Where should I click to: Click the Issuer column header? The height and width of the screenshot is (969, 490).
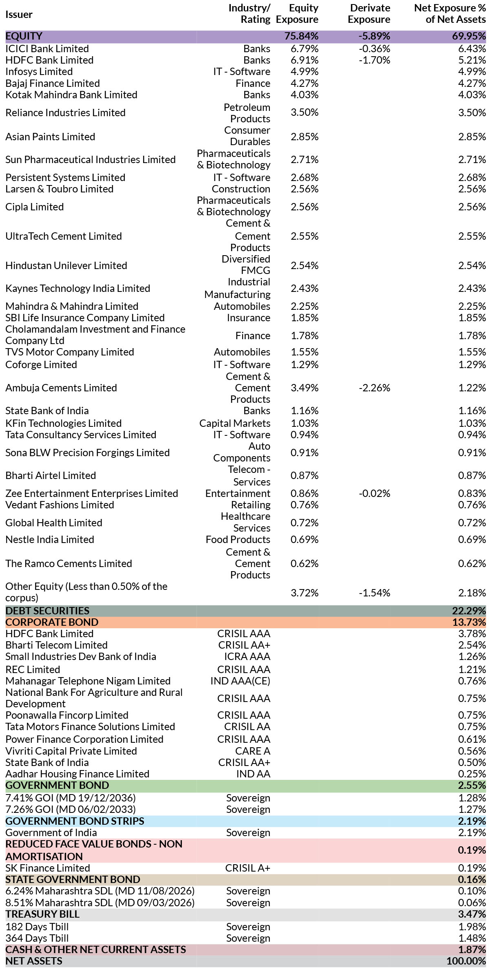pyautogui.click(x=19, y=14)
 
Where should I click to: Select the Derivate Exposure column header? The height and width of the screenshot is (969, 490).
pyautogui.click(x=369, y=13)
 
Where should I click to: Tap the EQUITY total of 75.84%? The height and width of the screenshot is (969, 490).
pyautogui.click(x=301, y=36)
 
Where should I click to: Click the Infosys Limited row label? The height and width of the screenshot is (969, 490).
pyautogui.click(x=39, y=71)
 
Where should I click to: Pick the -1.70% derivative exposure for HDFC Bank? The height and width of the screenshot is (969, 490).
pyautogui.click(x=374, y=60)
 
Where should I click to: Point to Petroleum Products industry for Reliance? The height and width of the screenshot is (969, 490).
pyautogui.click(x=247, y=113)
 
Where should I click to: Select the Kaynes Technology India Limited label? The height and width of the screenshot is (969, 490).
pyautogui.click(x=78, y=288)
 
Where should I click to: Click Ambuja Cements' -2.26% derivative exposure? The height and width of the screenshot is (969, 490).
pyautogui.click(x=374, y=388)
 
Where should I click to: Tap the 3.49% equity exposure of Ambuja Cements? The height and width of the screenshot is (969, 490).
pyautogui.click(x=305, y=388)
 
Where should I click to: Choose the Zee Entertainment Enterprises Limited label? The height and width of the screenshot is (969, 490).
pyautogui.click(x=92, y=493)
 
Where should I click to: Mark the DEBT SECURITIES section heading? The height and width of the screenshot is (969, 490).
pyautogui.click(x=47, y=611)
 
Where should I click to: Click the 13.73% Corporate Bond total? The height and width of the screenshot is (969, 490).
pyautogui.click(x=469, y=622)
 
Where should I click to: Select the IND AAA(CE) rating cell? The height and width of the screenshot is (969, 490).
pyautogui.click(x=240, y=681)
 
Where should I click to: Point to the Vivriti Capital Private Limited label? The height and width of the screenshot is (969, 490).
pyautogui.click(x=71, y=751)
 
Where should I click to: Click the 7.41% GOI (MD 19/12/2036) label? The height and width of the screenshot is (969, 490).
pyautogui.click(x=71, y=798)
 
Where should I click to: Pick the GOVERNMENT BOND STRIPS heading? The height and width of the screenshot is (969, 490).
pyautogui.click(x=75, y=821)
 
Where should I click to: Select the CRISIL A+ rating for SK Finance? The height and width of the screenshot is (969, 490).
pyautogui.click(x=248, y=868)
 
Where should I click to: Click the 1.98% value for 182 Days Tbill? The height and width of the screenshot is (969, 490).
pyautogui.click(x=472, y=927)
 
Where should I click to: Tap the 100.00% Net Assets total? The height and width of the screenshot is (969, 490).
pyautogui.click(x=466, y=961)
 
